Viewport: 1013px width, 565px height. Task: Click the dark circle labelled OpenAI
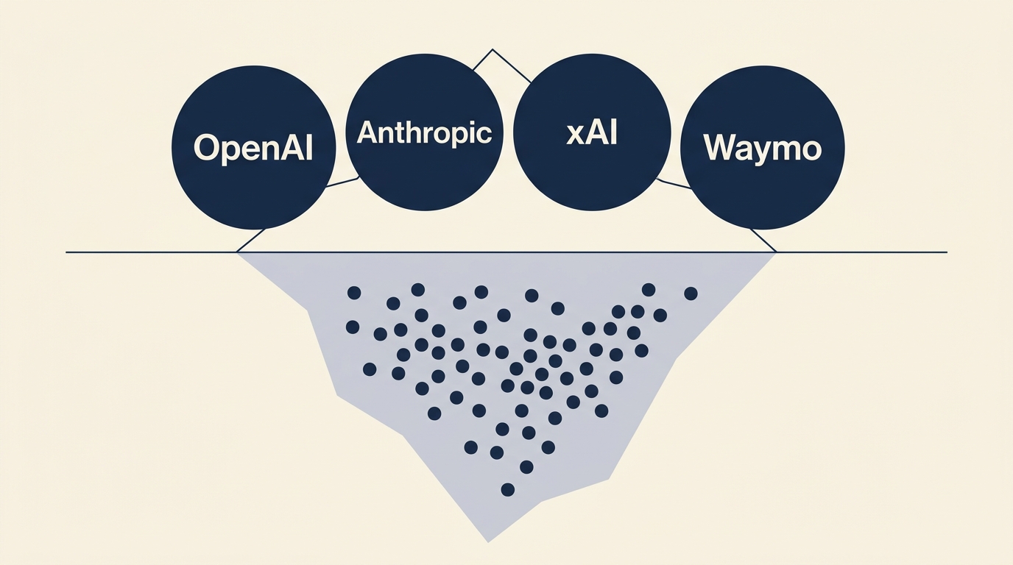[253, 147]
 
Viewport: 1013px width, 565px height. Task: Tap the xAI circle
[592, 134]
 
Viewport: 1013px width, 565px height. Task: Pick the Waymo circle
[762, 148]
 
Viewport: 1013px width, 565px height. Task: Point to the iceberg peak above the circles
[492, 50]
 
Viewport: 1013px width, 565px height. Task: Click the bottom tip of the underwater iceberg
[488, 541]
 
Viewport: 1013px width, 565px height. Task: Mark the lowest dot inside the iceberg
[507, 489]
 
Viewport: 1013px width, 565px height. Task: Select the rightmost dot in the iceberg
[691, 294]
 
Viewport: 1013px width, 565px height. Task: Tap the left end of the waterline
[67, 252]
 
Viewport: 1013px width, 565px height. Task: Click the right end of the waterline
[946, 252]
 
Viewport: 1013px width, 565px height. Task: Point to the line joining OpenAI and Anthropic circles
[341, 182]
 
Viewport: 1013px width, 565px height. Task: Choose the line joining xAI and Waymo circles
[672, 183]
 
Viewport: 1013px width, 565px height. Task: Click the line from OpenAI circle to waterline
[251, 240]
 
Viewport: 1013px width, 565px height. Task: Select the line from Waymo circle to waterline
[763, 240]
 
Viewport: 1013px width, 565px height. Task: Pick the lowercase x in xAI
[575, 135]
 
